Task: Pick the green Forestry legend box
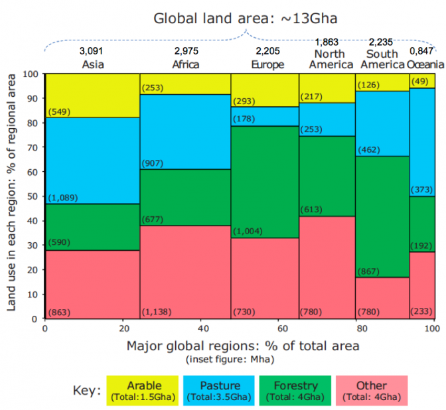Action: pos(296,391)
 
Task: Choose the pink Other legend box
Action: pos(371,391)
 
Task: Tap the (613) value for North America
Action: pos(313,210)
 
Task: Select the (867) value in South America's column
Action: pos(369,272)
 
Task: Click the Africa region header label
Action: pos(186,64)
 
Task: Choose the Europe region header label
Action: pos(267,64)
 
